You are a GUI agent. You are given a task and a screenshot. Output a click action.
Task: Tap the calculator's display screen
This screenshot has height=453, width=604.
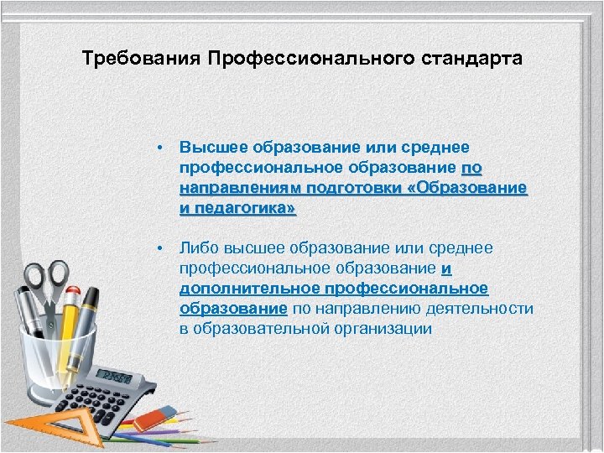(114, 376)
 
